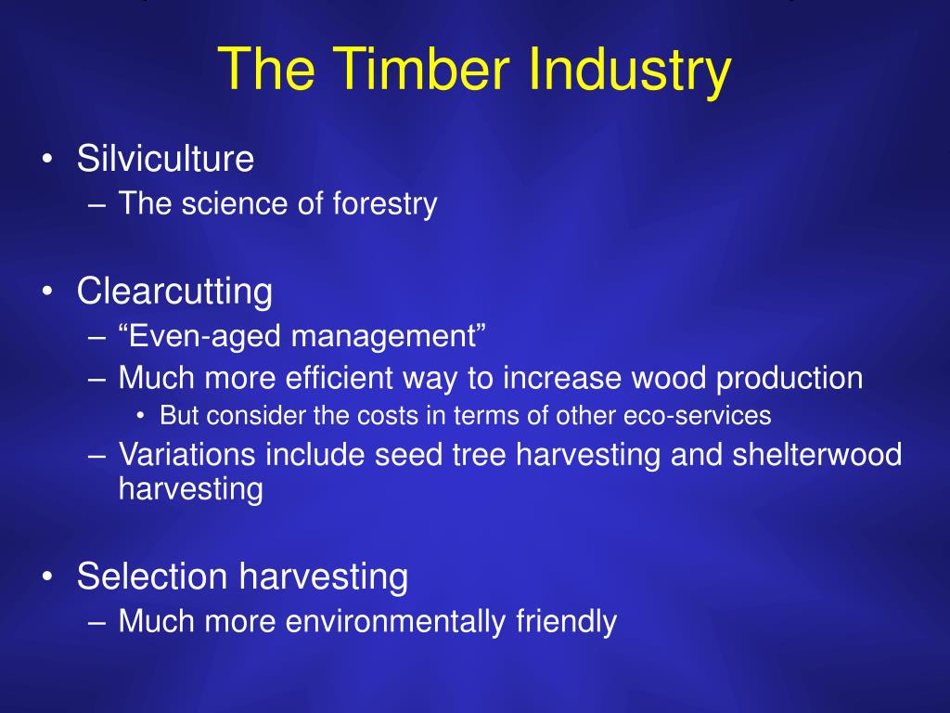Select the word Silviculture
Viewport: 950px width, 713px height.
pyautogui.click(x=165, y=158)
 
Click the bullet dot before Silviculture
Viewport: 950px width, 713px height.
pyautogui.click(x=48, y=159)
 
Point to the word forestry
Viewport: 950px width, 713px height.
pyautogui.click(x=385, y=203)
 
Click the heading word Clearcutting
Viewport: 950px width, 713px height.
pyautogui.click(x=174, y=292)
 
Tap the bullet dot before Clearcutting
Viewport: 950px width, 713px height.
pyautogui.click(x=48, y=291)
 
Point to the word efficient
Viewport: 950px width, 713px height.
pyautogui.click(x=340, y=378)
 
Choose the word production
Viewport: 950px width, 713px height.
pyautogui.click(x=790, y=379)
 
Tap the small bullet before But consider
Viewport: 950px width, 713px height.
pyautogui.click(x=141, y=416)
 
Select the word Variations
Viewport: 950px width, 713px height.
pyautogui.click(x=186, y=455)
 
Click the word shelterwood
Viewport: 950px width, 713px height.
pyautogui.click(x=816, y=455)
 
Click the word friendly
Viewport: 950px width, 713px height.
pyautogui.click(x=567, y=621)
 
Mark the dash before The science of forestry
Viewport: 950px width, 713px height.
pyautogui.click(x=96, y=205)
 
